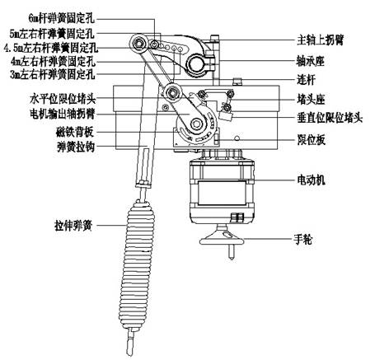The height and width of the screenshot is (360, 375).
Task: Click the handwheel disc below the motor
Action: tap(223, 239)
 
